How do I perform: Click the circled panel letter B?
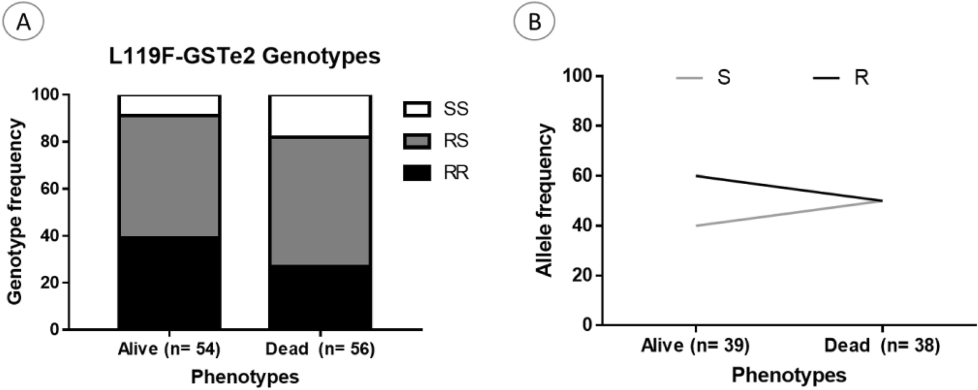(x=534, y=22)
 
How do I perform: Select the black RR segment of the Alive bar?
(x=169, y=282)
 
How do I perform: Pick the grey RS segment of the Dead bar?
(x=320, y=201)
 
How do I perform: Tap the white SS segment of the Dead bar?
(x=320, y=116)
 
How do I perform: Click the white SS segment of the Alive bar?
(x=169, y=105)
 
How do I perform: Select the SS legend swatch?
(x=417, y=109)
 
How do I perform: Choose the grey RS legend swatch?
(x=417, y=141)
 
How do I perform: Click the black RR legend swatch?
(x=417, y=173)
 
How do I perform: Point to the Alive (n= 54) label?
(x=169, y=350)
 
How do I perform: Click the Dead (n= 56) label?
(x=320, y=350)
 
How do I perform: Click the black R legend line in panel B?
(x=825, y=78)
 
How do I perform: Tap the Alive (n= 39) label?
(x=695, y=346)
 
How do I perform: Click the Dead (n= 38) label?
(x=882, y=346)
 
